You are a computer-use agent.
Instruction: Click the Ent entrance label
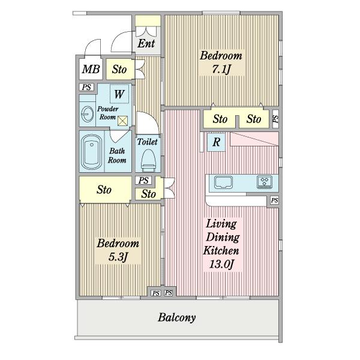(146, 43)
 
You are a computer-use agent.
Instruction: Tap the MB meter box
(91, 69)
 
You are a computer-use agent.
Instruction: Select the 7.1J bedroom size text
(221, 69)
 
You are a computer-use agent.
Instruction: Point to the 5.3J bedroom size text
(118, 257)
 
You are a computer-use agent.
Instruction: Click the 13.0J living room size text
(221, 264)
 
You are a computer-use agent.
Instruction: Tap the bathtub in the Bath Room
(91, 152)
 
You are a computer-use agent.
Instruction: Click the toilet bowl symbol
(148, 160)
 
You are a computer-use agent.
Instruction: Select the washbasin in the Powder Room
(88, 114)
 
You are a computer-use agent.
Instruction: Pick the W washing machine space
(119, 94)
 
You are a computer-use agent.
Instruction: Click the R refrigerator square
(216, 142)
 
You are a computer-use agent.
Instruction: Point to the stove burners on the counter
(265, 182)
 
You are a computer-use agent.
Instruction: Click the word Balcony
(176, 317)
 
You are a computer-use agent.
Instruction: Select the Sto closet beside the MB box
(119, 70)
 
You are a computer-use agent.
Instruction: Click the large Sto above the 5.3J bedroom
(105, 190)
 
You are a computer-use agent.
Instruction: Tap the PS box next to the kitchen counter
(274, 200)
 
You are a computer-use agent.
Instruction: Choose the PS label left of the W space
(86, 87)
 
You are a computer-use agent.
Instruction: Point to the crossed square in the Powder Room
(122, 121)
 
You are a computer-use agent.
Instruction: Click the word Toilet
(148, 142)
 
